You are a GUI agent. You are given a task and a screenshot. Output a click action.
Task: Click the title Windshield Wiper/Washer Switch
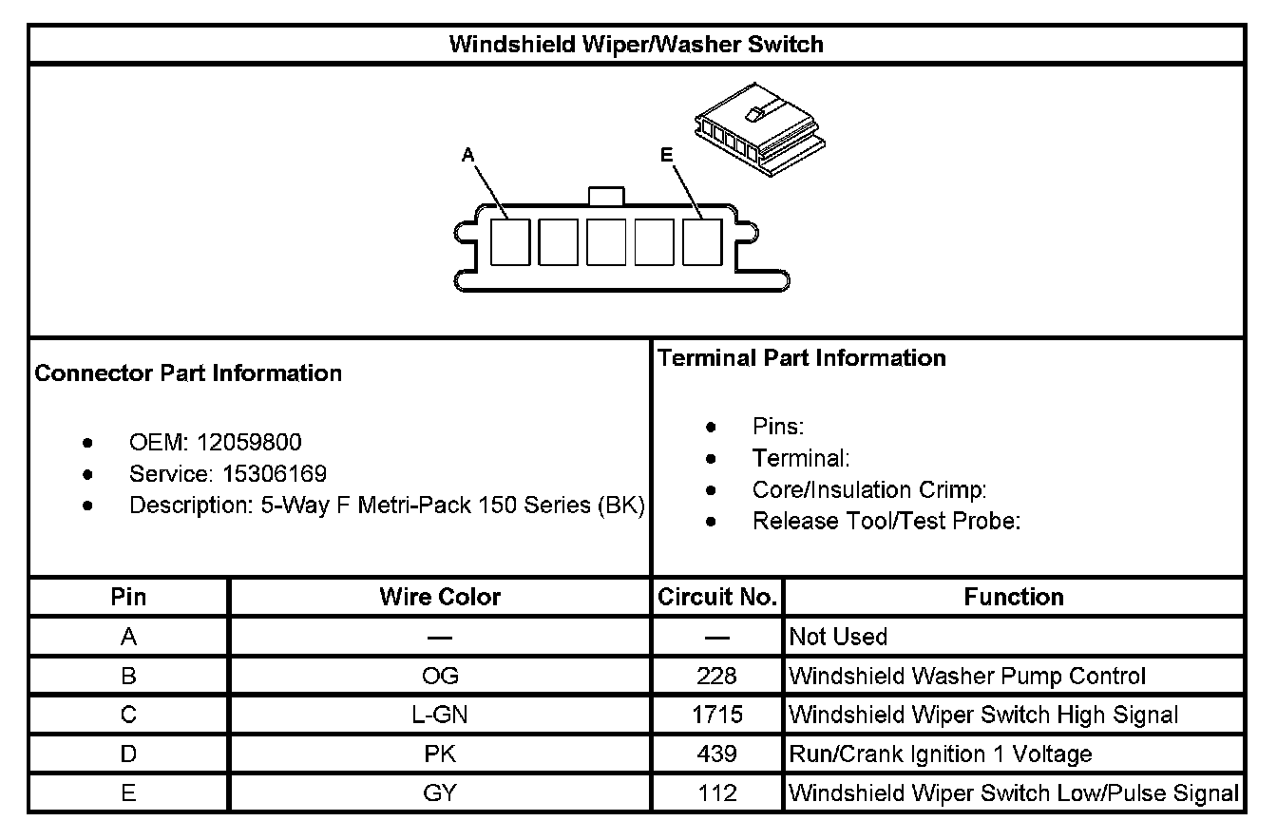click(636, 45)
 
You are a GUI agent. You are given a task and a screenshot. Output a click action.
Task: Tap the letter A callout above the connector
click(467, 155)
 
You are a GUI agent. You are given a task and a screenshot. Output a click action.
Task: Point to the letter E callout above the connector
click(666, 155)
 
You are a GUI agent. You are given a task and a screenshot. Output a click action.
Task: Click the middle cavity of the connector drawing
click(605, 241)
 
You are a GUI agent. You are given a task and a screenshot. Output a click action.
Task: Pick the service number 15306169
click(275, 473)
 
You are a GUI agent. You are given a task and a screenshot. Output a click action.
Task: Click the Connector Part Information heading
click(188, 373)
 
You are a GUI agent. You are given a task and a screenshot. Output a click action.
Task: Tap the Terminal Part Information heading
click(802, 358)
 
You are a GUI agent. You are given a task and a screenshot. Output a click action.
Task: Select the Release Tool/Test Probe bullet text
click(886, 521)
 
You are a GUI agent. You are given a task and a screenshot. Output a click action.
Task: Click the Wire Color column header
click(440, 597)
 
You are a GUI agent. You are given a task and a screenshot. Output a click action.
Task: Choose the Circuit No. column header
click(717, 597)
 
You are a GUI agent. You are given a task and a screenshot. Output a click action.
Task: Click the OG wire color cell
click(440, 676)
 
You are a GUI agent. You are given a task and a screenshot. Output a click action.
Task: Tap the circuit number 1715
click(717, 715)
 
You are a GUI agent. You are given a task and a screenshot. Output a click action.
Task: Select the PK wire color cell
click(440, 754)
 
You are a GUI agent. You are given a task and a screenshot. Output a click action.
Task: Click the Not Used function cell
click(838, 637)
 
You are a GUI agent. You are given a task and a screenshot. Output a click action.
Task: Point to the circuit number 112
click(717, 792)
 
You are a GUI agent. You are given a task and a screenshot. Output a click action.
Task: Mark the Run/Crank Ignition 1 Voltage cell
click(941, 754)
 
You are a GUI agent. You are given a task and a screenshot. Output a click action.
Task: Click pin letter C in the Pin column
click(129, 715)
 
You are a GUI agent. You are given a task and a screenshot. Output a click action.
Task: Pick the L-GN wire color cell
click(440, 715)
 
